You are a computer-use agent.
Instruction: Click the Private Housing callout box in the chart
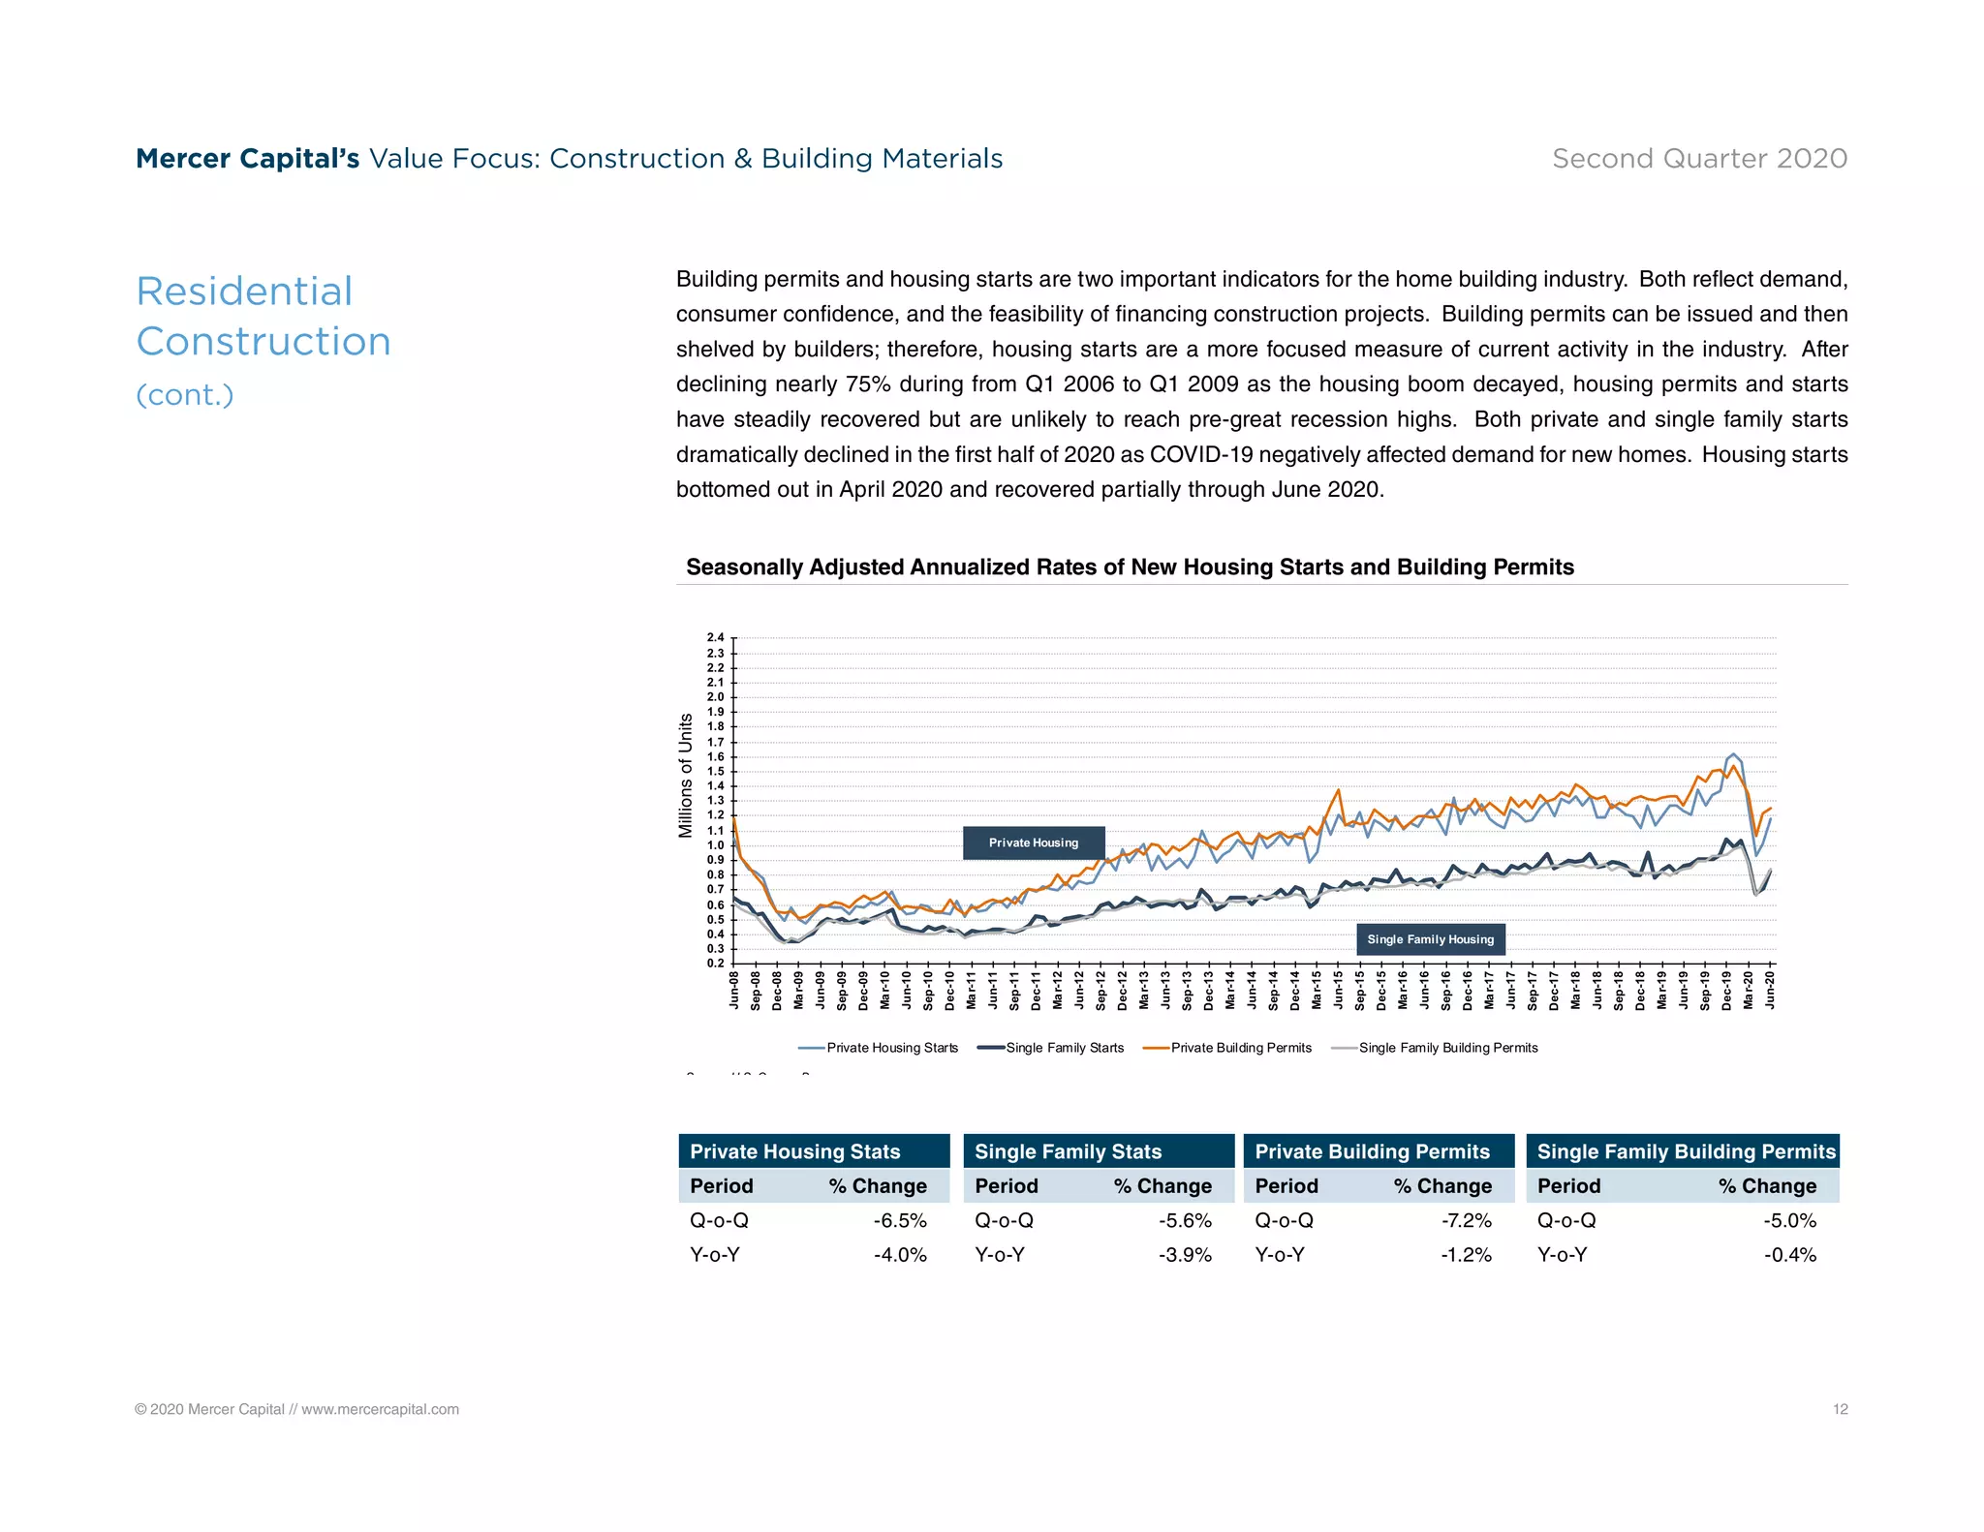[x=1033, y=843]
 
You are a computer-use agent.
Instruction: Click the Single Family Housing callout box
[x=1430, y=939]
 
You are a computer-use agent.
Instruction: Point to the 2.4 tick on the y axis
[x=715, y=637]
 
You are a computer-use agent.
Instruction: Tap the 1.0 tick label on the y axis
[x=715, y=845]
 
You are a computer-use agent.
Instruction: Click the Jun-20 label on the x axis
[x=1770, y=988]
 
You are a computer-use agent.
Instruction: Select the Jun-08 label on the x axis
[x=734, y=988]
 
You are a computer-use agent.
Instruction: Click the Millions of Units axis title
[x=686, y=775]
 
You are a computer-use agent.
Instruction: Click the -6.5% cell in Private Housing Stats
[x=899, y=1220]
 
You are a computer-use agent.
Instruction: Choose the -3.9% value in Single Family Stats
[x=1185, y=1255]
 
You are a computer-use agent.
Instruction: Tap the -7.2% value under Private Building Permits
[x=1466, y=1220]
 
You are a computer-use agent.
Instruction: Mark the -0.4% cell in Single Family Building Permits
[x=1789, y=1255]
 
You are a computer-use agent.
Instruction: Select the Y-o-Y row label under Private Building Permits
[x=1280, y=1255]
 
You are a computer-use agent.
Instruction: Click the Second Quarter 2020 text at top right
[x=1699, y=158]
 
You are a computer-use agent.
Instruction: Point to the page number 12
[x=1840, y=1409]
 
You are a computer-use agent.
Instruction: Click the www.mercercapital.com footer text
[x=380, y=1409]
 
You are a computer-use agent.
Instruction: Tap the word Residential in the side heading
[x=244, y=291]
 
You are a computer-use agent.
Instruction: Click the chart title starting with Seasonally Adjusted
[x=1130, y=567]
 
